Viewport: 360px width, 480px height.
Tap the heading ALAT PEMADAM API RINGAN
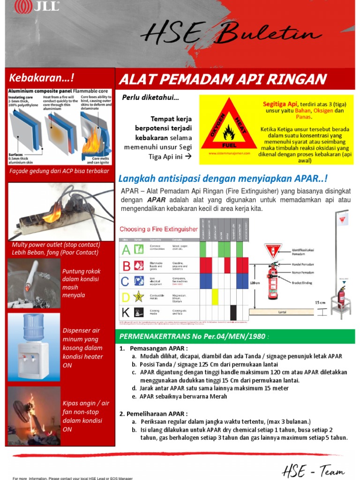pos(223,79)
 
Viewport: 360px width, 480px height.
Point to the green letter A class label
pos(126,250)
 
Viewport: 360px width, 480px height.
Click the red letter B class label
pos(126,266)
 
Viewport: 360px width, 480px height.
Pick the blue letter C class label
pos(126,281)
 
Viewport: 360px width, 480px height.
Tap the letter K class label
pos(126,312)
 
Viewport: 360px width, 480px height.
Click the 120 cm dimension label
pos(255,283)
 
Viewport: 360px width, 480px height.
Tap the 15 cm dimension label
pos(320,302)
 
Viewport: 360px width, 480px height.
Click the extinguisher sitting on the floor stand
pos(341,297)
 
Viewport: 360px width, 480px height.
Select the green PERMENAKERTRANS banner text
pos(192,336)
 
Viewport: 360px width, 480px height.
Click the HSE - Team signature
pos(313,470)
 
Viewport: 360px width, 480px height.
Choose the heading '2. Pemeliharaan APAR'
pos(153,413)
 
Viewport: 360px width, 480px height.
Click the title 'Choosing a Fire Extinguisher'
pos(158,229)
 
